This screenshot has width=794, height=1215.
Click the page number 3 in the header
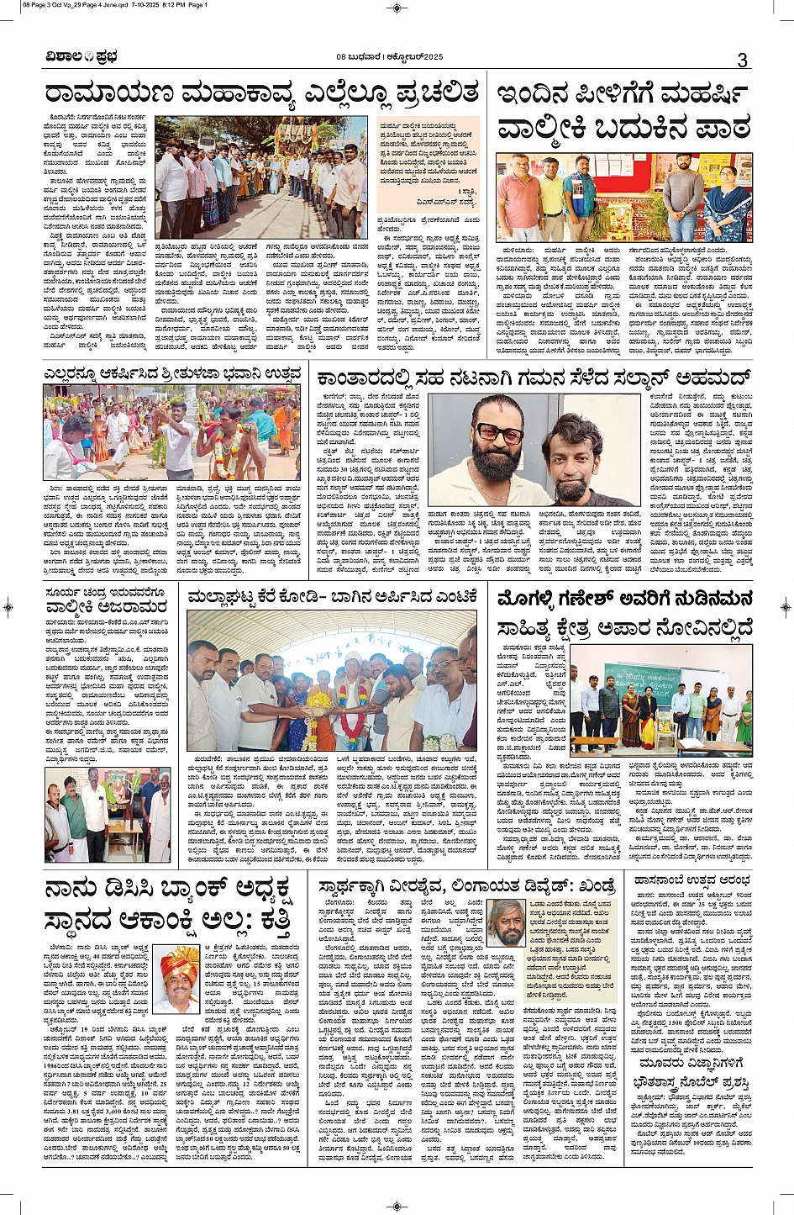(742, 59)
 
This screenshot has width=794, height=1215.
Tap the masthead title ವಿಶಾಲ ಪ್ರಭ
(82, 57)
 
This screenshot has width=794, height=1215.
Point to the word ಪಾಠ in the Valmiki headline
(723, 129)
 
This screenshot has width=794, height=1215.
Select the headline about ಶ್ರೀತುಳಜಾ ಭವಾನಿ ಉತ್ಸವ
(171, 372)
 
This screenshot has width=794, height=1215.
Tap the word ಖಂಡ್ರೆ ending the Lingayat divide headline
(596, 885)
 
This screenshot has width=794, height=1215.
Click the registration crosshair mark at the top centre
(397, 8)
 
